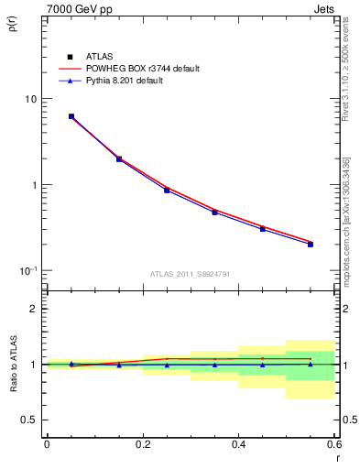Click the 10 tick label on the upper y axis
tap(31, 99)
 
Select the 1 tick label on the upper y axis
tap(34, 185)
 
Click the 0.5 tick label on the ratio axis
tap(30, 420)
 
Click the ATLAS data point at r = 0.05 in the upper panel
tap(71, 116)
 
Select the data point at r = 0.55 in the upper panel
tap(311, 244)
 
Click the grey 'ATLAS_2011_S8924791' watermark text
tap(190, 273)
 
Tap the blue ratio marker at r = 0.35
tap(214, 365)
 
